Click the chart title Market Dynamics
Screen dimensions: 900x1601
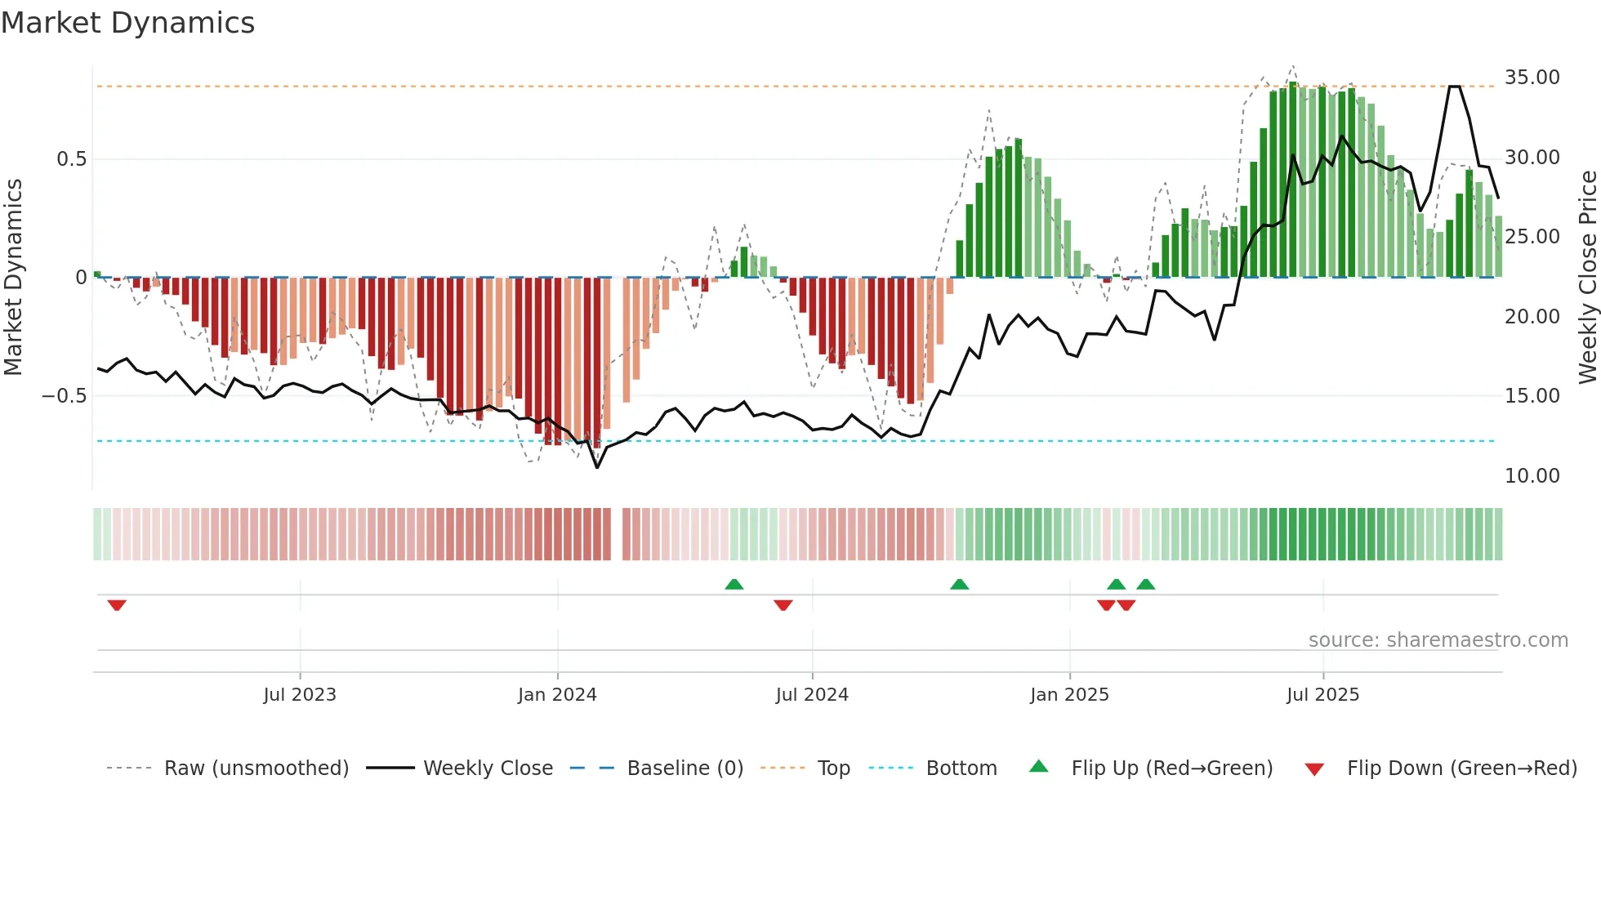(128, 23)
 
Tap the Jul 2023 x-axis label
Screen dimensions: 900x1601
(300, 695)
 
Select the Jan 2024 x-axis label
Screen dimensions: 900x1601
(557, 695)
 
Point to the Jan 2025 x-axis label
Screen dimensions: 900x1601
(1069, 695)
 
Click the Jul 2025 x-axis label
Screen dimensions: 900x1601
(1322, 695)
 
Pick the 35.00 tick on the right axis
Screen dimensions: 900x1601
(1532, 78)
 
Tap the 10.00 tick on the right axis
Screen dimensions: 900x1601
(1532, 476)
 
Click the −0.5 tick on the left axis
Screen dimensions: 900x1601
(65, 396)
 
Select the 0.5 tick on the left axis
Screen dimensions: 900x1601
(72, 159)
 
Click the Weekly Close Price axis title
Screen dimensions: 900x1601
(1587, 278)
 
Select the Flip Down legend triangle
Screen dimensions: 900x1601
(1314, 769)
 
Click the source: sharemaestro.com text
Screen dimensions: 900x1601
(1438, 640)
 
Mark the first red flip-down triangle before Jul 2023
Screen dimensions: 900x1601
(117, 605)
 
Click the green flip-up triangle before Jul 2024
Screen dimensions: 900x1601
(734, 584)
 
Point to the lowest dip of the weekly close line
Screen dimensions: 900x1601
(597, 467)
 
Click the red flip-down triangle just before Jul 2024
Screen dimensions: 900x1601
(783, 605)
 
